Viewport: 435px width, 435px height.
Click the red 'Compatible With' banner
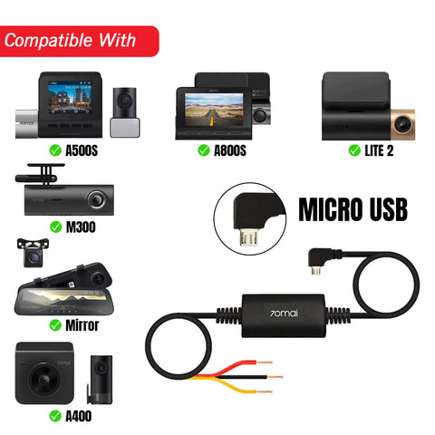pyautogui.click(x=79, y=41)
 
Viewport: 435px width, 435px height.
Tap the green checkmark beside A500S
pyautogui.click(x=55, y=150)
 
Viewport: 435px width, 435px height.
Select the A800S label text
pyautogui.click(x=230, y=150)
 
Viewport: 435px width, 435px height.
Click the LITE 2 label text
pyautogui.click(x=379, y=150)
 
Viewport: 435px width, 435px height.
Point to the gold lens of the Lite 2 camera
pyautogui.click(x=403, y=124)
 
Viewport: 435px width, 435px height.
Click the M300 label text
pyautogui.click(x=81, y=227)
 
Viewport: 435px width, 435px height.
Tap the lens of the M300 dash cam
pyautogui.click(x=96, y=199)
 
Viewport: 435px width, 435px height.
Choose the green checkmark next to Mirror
pyautogui.click(x=55, y=325)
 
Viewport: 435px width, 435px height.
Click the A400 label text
pyautogui.click(x=79, y=416)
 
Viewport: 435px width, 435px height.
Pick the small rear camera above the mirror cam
pyautogui.click(x=33, y=253)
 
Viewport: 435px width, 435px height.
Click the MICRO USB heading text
pyautogui.click(x=353, y=209)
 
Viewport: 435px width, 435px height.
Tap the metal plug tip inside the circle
pyautogui.click(x=248, y=237)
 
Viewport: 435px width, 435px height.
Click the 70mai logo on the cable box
pyautogui.click(x=284, y=313)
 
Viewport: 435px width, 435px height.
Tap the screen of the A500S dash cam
pyautogui.click(x=70, y=98)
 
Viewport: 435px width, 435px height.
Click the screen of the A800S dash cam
pyautogui.click(x=214, y=110)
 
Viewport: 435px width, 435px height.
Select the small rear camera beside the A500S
pyautogui.click(x=125, y=112)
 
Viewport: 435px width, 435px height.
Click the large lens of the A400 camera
pyautogui.click(x=44, y=378)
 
